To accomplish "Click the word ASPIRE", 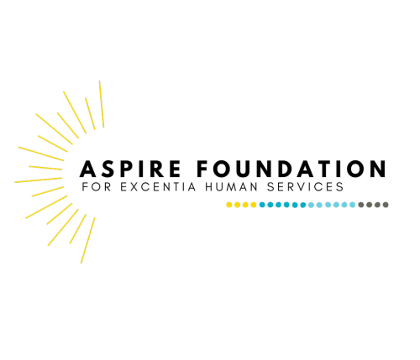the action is coord(130,169).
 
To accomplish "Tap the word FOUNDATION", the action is coord(291,169).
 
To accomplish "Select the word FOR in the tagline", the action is coord(97,186).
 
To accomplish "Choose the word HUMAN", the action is coord(231,186).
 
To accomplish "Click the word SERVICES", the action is coord(305,186).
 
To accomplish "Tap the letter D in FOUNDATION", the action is coord(288,169).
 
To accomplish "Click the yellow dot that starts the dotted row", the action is coord(229,205).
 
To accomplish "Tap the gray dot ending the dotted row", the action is coord(386,205).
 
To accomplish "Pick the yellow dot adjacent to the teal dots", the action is coord(254,205).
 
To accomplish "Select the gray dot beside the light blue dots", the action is coord(361,205).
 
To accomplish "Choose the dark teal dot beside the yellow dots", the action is coord(262,205).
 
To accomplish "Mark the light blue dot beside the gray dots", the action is coord(353,205).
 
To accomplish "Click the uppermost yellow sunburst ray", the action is coord(102,104).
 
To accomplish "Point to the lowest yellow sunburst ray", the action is coord(88,241).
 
